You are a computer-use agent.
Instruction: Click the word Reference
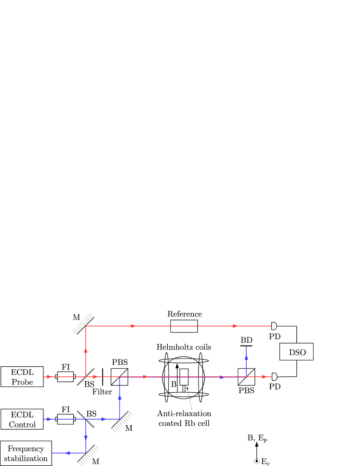185,314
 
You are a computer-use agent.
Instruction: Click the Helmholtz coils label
184,347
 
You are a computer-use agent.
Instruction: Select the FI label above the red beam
66,367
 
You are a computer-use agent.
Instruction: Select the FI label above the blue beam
66,409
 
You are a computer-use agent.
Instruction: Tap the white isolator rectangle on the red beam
66,377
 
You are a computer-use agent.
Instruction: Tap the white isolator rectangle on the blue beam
66,419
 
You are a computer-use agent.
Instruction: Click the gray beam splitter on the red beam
85,377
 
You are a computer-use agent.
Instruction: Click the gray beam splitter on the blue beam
85,419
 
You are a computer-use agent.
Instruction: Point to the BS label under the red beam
89,384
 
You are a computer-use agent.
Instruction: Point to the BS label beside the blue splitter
91,413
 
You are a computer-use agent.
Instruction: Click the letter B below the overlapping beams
173,384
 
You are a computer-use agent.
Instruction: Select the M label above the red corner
76,317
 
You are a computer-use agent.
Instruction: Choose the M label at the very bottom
95,462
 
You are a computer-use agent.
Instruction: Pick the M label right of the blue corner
129,428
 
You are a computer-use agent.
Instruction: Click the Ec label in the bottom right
265,462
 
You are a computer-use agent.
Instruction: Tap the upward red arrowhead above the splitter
86,350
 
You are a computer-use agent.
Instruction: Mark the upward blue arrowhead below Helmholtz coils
246,357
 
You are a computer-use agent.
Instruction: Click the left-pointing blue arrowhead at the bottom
68,453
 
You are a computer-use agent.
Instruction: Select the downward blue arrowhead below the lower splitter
86,437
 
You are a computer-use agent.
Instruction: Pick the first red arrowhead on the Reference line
133,326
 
